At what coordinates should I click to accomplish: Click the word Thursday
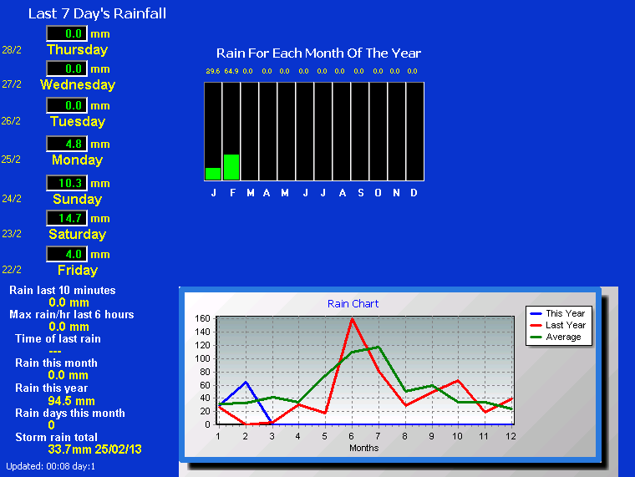[78, 50]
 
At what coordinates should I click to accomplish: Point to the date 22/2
[12, 270]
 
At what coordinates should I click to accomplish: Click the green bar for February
[231, 167]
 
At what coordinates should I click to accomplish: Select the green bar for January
[213, 174]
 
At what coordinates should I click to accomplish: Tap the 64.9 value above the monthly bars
[231, 71]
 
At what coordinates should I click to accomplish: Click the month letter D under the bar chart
[414, 193]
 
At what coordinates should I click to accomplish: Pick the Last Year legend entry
[558, 325]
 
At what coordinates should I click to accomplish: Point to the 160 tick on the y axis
[202, 318]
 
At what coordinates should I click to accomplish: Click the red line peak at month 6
[352, 319]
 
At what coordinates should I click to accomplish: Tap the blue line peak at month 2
[246, 382]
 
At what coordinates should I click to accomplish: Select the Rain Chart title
[353, 304]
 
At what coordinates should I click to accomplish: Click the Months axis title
[363, 448]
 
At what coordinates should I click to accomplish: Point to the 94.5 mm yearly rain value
[71, 401]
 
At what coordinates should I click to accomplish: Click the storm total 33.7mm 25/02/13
[94, 449]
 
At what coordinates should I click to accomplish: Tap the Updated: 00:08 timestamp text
[51, 466]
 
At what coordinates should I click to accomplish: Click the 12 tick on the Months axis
[511, 436]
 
